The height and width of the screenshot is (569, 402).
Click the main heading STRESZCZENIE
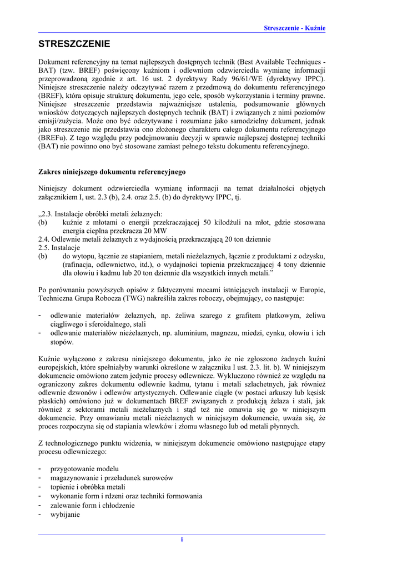74,44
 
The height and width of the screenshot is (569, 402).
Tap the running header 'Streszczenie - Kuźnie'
294,28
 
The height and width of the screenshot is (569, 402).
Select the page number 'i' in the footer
182,540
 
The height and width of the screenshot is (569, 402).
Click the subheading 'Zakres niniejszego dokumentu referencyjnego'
112,172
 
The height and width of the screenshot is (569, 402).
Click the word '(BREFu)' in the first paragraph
52,138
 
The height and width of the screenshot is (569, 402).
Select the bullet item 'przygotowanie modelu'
84,468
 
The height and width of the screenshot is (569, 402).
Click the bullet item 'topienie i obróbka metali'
88,487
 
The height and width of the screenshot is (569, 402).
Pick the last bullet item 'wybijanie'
65,515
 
